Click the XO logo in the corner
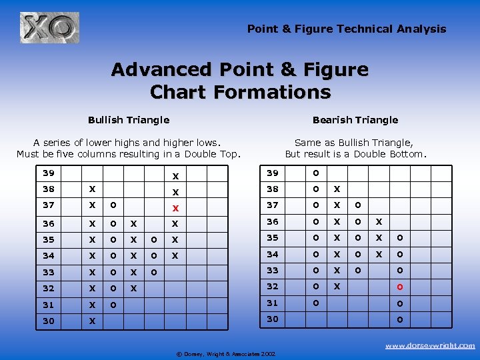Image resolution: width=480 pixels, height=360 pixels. point(49,28)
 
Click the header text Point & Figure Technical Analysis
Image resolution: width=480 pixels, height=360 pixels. point(347,29)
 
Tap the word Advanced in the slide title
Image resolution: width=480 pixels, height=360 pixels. point(167,69)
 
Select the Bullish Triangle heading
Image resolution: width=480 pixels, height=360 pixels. point(129,120)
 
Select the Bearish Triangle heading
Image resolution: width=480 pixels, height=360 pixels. point(355,120)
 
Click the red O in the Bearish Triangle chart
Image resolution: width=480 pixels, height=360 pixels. point(400,287)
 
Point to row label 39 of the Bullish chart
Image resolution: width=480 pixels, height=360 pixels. point(48,173)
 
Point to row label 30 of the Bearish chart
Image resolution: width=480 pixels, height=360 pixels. point(272,320)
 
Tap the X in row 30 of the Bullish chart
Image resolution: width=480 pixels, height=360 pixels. point(92,321)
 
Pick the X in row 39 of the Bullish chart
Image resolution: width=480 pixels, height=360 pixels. point(175,176)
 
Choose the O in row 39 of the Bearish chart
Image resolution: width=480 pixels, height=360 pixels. point(316,173)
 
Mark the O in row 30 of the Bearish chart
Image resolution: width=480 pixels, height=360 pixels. point(400,319)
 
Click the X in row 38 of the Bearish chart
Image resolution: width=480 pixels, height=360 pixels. point(337,189)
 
